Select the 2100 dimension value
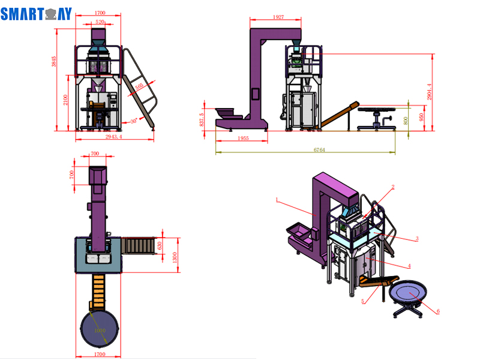(x=67, y=100)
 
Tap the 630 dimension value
(x=160, y=246)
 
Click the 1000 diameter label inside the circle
(x=99, y=331)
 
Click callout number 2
(x=393, y=187)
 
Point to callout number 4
(x=409, y=266)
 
